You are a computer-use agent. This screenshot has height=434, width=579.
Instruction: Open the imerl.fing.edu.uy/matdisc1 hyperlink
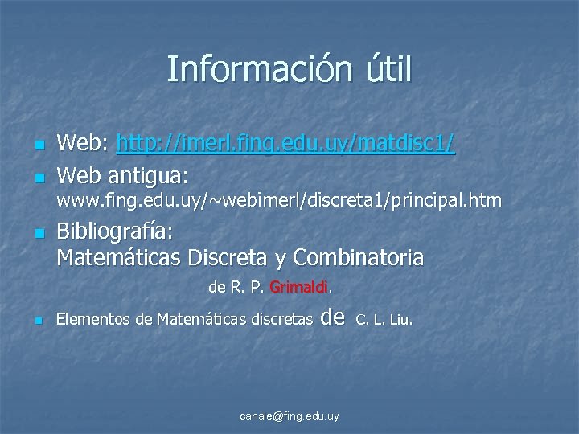(285, 145)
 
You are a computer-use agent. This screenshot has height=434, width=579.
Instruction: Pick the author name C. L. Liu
(384, 320)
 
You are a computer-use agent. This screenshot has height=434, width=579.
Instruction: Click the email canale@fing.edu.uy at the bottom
(289, 416)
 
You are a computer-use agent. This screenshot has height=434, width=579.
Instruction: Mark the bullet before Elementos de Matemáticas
(38, 321)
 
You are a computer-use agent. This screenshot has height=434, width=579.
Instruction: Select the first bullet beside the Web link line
(38, 145)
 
